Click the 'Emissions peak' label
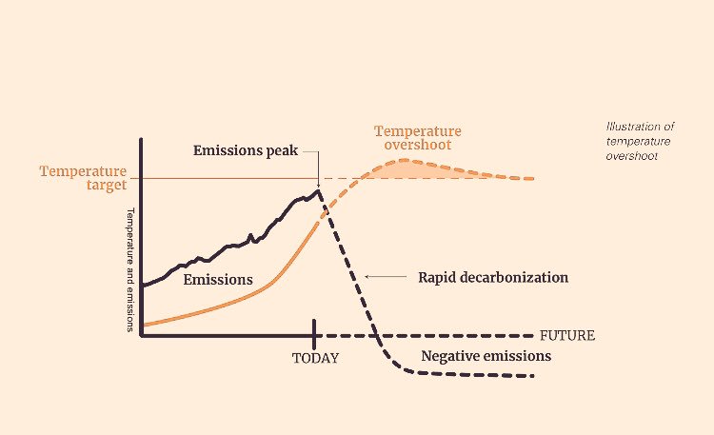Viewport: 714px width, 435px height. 246,150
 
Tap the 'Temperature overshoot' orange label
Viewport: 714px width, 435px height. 417,138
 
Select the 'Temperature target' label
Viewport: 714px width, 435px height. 84,178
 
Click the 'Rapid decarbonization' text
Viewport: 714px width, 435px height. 493,278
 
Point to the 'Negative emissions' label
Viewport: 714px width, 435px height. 486,356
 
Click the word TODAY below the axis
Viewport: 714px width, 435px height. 315,359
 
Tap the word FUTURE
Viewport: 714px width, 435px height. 567,336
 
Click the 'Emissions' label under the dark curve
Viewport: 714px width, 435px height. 218,280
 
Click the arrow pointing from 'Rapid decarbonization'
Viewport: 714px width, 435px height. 387,278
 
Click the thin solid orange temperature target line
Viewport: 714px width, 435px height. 228,178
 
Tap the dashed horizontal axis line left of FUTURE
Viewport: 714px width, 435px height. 457,336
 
